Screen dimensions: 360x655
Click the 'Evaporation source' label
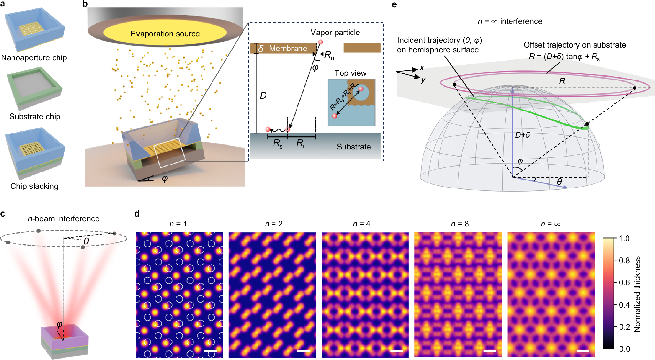[x=165, y=34]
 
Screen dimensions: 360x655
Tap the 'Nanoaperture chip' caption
[x=34, y=58]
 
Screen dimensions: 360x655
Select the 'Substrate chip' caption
[x=35, y=117]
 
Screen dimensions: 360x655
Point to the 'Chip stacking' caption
[x=34, y=186]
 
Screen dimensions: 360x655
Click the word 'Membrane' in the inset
[x=288, y=49]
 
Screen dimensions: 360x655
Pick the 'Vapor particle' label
[x=335, y=33]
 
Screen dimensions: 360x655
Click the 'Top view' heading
[x=350, y=73]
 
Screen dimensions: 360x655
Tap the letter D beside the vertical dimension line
[x=263, y=96]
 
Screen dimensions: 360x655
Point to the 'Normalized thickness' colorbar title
[x=637, y=294]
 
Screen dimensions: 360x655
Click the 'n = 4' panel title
[x=361, y=224]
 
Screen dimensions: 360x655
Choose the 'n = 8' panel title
[x=460, y=224]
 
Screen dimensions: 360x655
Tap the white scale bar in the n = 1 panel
[x=210, y=351]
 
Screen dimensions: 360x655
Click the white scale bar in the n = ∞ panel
[x=583, y=351]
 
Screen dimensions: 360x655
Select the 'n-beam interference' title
[x=64, y=219]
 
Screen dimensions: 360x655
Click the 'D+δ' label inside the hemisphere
[x=522, y=135]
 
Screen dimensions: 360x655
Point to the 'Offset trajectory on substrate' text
[x=574, y=45]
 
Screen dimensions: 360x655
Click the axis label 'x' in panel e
[x=422, y=68]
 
